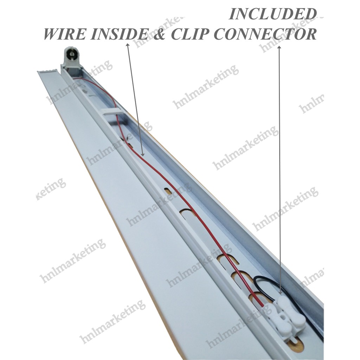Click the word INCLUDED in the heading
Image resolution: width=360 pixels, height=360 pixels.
271,14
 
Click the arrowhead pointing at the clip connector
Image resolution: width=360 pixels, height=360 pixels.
280,291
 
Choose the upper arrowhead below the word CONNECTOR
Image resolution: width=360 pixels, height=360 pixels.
279,48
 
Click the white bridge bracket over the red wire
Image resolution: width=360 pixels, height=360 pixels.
112,113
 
